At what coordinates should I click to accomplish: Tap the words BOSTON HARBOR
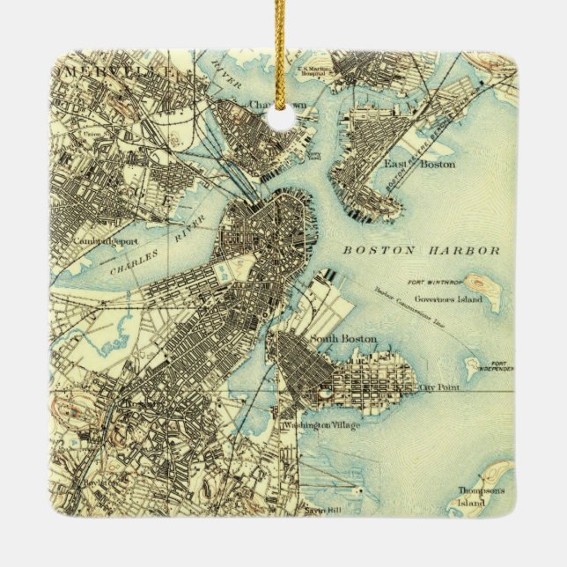click(421, 250)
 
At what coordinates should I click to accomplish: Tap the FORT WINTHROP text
click(431, 283)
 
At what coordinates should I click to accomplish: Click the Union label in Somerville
click(91, 134)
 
